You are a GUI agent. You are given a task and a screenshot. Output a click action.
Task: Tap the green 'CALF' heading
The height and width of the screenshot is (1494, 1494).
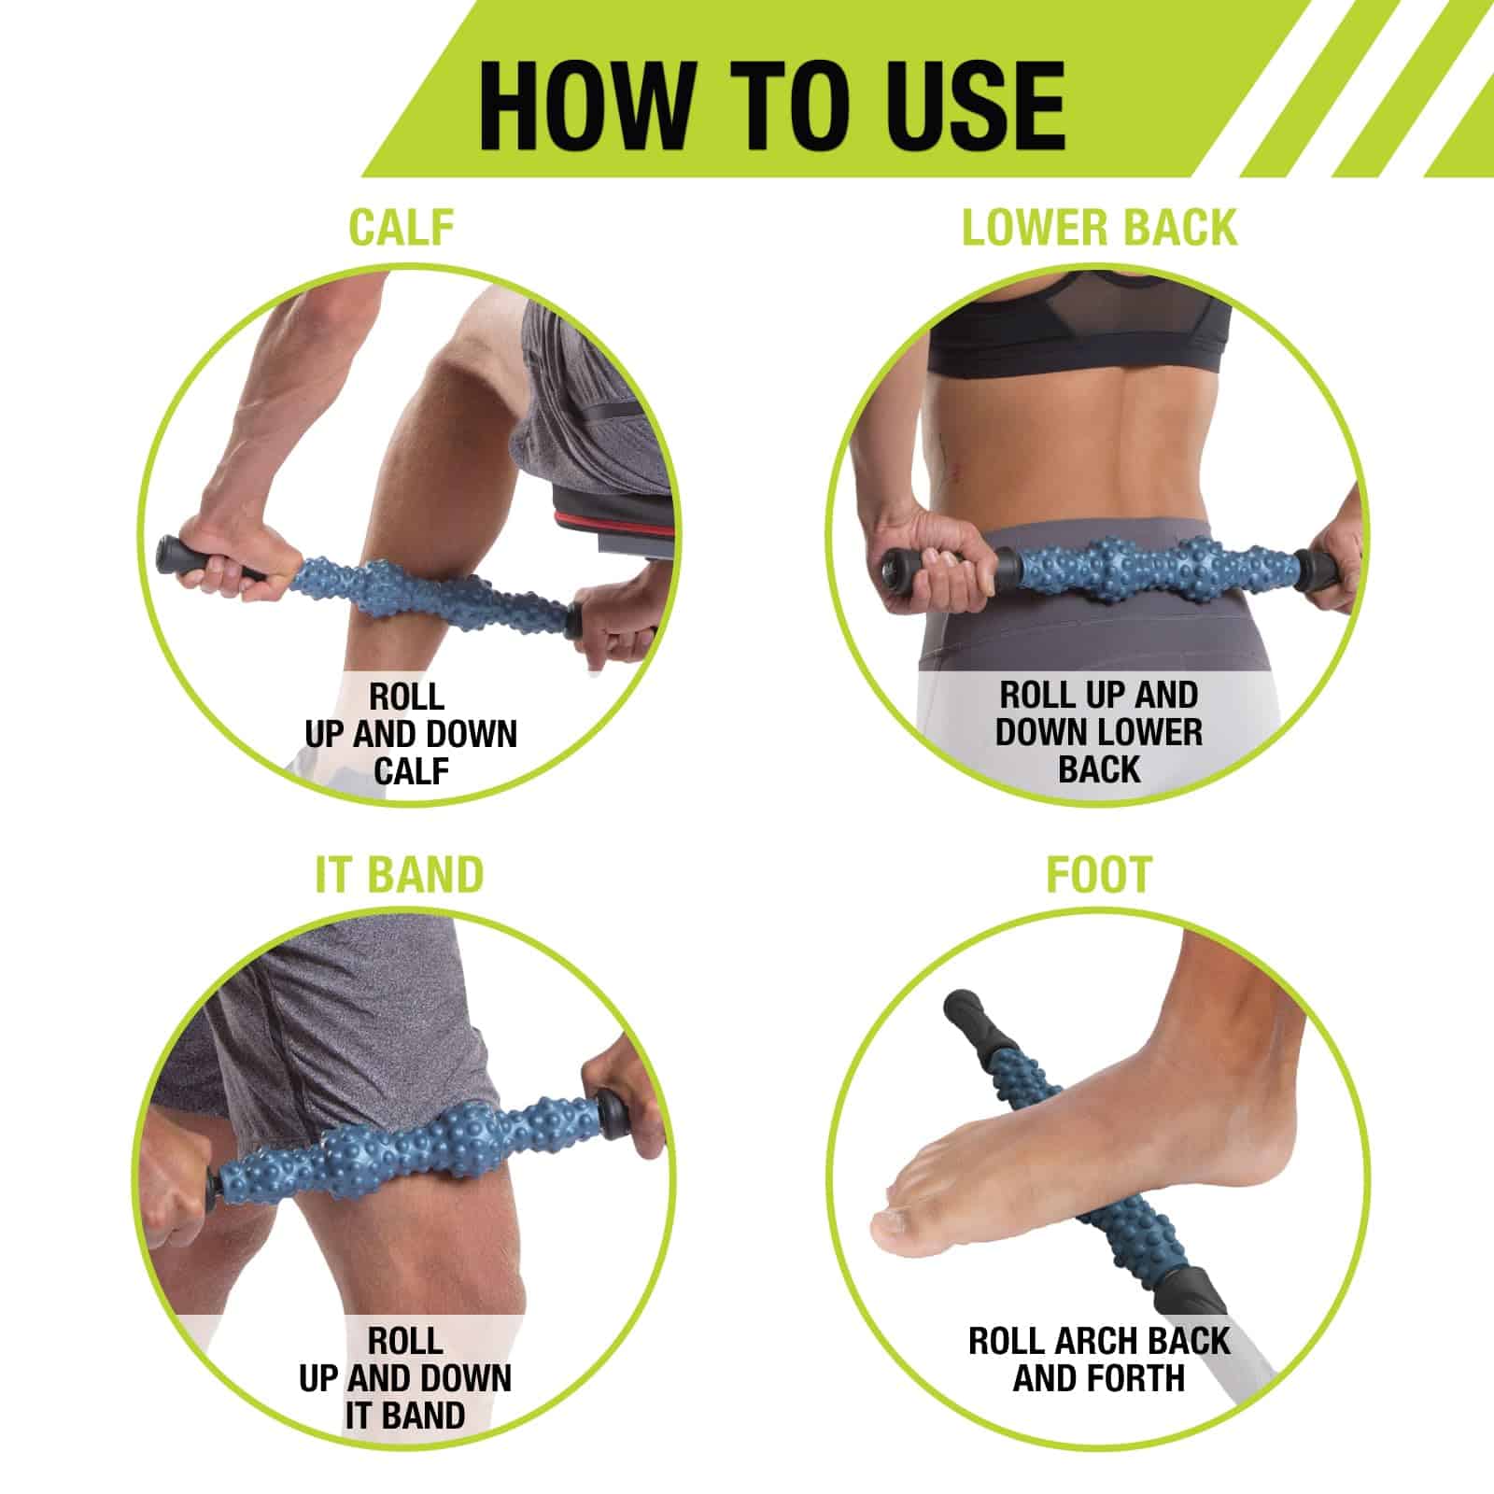pos(402,227)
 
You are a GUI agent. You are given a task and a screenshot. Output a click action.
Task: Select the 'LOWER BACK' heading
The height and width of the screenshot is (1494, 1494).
pos(1099,227)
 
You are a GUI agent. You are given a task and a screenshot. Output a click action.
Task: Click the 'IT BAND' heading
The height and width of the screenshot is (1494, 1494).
pos(400,875)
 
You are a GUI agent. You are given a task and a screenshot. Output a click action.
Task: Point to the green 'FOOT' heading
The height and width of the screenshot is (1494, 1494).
pos(1099,875)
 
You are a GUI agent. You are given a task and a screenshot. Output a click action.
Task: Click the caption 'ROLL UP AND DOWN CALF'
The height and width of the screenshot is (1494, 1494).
pos(410,734)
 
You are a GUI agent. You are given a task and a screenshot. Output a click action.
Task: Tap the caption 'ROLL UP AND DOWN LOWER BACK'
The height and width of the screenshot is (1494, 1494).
pos(1099,733)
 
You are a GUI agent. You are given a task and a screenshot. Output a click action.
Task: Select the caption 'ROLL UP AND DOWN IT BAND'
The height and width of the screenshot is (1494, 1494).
pos(405,1378)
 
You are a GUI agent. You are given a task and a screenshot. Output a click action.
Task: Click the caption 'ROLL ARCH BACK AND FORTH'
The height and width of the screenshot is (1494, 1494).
pos(1099,1360)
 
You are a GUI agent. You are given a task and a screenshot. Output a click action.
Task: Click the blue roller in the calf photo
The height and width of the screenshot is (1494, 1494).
pos(434,588)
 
